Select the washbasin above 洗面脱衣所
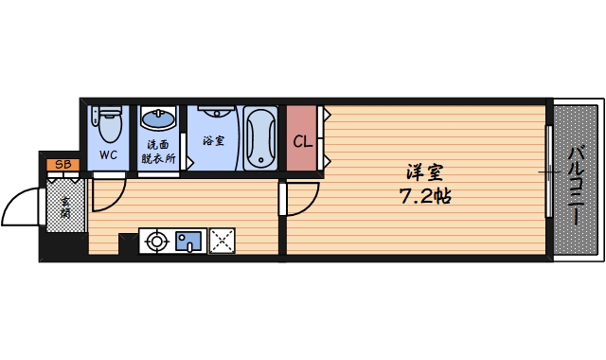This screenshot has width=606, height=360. point(158,119)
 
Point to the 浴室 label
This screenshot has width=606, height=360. point(213,141)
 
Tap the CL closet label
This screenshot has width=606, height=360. point(302,143)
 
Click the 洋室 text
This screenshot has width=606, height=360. point(423,173)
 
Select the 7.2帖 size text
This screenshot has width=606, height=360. point(423,197)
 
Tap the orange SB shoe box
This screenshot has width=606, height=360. point(63,166)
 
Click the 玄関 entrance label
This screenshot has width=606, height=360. point(65,207)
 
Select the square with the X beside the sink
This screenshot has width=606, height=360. point(223,242)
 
